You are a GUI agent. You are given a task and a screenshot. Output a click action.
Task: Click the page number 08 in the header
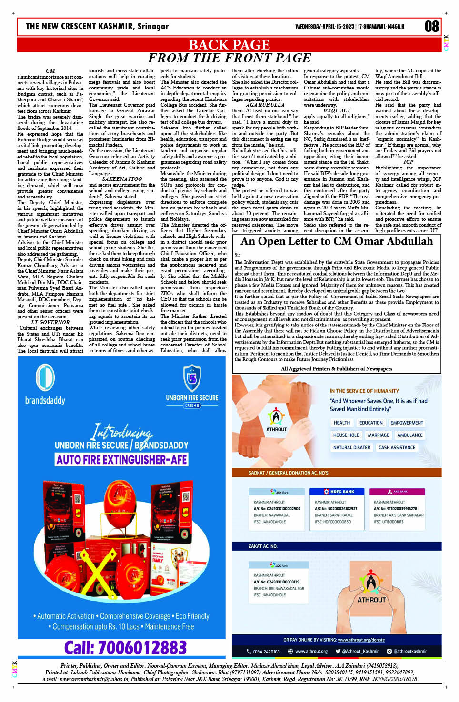pyautogui.click(x=431, y=26)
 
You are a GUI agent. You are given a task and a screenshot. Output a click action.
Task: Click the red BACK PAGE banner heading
pyautogui.click(x=229, y=45)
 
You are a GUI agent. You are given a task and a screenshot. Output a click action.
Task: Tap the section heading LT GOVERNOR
pyautogui.click(x=50, y=322)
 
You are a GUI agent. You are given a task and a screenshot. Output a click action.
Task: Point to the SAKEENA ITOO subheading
pyautogui.click(x=122, y=179)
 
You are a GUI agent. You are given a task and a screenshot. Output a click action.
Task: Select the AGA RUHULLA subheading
pyautogui.click(x=265, y=105)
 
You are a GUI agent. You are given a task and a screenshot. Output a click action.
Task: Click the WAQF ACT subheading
pyautogui.click(x=337, y=110)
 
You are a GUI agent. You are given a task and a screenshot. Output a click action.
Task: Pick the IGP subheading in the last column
pyautogui.click(x=408, y=162)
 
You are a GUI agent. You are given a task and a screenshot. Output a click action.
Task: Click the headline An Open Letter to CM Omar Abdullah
pyautogui.click(x=337, y=241)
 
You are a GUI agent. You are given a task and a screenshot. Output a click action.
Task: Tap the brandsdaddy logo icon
pyautogui.click(x=45, y=378)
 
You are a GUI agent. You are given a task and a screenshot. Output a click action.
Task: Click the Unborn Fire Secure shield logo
pyautogui.click(x=192, y=378)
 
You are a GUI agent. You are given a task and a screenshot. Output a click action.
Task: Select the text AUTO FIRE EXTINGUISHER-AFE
pyautogui.click(x=122, y=460)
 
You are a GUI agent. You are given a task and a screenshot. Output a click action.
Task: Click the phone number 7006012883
pyautogui.click(x=125, y=648)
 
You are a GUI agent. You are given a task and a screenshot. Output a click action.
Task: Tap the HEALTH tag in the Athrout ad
pyautogui.click(x=341, y=423)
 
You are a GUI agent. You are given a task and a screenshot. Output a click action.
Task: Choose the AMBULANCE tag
pyautogui.click(x=409, y=435)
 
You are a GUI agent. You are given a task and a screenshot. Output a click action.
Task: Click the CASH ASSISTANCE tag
pyautogui.click(x=397, y=447)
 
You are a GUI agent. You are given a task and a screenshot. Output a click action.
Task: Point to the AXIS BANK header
pyautogui.click(x=398, y=491)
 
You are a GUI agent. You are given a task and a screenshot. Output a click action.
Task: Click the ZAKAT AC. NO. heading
pyautogui.click(x=263, y=546)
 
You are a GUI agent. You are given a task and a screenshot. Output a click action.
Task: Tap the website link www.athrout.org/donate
pyautogui.click(x=361, y=640)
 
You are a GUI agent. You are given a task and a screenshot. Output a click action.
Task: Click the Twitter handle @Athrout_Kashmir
pyautogui.click(x=357, y=651)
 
